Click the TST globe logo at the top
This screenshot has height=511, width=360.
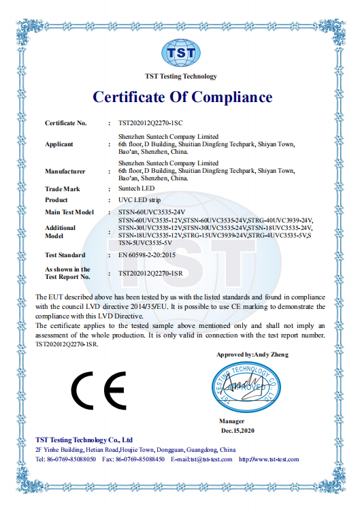tap(181, 52)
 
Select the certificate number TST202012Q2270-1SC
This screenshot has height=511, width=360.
tap(150, 123)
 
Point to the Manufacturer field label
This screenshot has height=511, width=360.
tap(65, 171)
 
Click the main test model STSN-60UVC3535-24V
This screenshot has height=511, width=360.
tap(152, 212)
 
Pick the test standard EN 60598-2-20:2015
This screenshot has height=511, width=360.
tap(152, 255)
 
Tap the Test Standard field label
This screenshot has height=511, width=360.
tap(65, 255)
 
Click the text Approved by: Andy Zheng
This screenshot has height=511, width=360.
tap(252, 355)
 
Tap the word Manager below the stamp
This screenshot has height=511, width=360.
tap(231, 422)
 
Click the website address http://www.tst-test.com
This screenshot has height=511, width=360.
tap(269, 459)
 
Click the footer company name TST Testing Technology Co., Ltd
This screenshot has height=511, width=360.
tap(83, 440)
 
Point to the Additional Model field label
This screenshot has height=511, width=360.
tap(60, 231)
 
